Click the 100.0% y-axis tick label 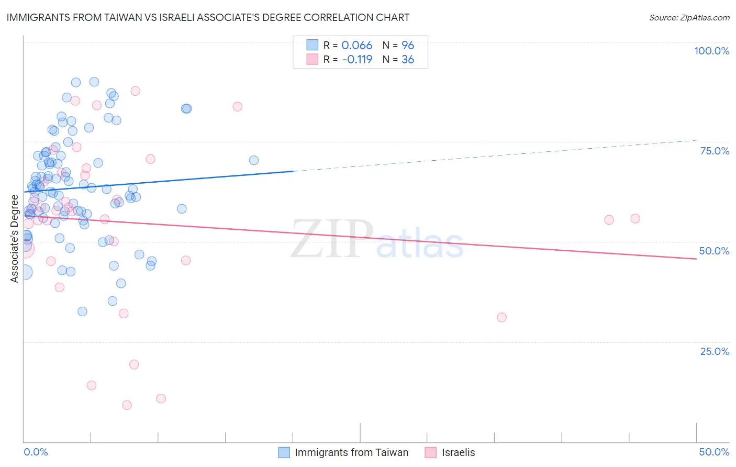[x=711, y=51]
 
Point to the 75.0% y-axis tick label [x=715, y=151]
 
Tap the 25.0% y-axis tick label [x=715, y=351]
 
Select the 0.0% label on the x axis [x=36, y=452]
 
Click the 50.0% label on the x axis [x=714, y=452]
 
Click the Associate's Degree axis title [x=15, y=238]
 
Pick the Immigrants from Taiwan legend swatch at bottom [x=284, y=452]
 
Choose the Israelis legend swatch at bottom [x=431, y=452]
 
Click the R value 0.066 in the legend [x=356, y=46]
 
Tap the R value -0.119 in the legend [x=357, y=60]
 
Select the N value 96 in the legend [x=408, y=46]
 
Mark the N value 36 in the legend [x=408, y=60]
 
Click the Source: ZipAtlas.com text [x=689, y=17]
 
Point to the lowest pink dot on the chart [x=127, y=405]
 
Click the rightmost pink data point [x=635, y=218]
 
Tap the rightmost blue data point [x=254, y=160]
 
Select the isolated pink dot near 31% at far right [x=501, y=317]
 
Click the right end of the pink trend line [x=696, y=259]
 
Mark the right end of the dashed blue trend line [x=696, y=140]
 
